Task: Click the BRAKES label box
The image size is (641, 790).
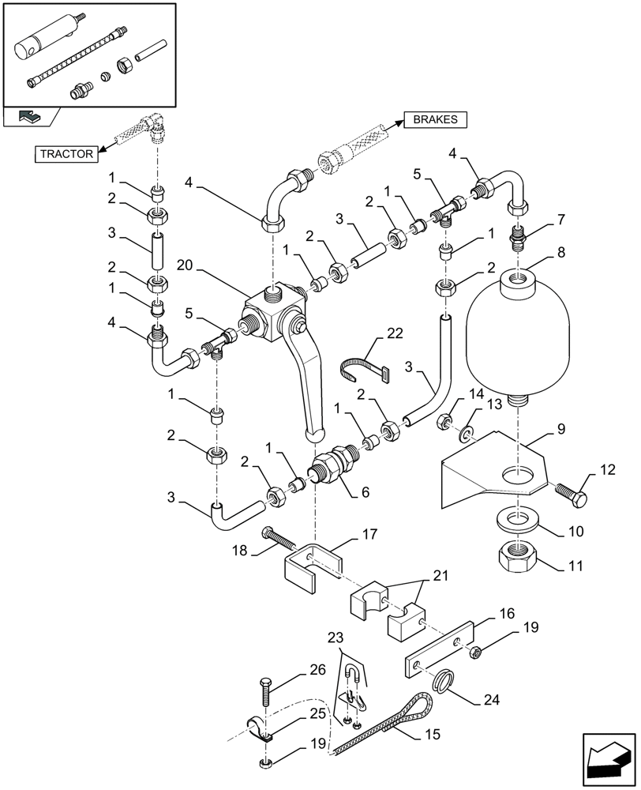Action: (x=436, y=119)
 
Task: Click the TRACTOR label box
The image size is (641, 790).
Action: (x=66, y=154)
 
